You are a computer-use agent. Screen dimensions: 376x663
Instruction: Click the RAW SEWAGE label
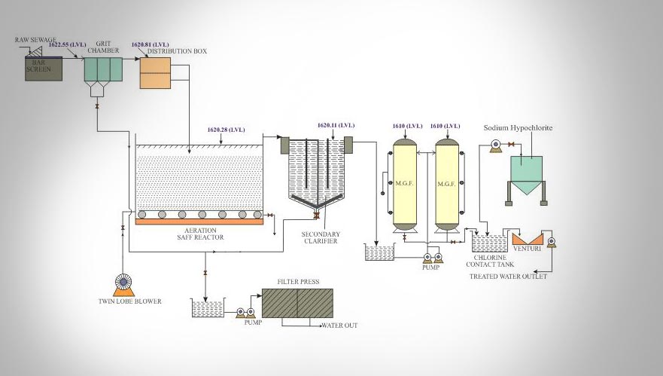[x=36, y=39]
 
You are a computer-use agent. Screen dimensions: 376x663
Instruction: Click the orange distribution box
[x=156, y=72]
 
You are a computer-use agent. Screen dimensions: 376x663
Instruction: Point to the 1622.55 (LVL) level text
[x=67, y=45]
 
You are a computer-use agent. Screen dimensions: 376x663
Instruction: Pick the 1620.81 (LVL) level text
[x=149, y=44]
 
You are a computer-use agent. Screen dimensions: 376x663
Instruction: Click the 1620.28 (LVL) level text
[x=225, y=130]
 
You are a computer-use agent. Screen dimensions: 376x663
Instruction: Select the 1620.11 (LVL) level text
[x=335, y=124]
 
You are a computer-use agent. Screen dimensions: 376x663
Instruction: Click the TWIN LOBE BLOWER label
[x=129, y=301]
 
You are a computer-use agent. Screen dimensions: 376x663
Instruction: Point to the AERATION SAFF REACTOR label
[x=199, y=233]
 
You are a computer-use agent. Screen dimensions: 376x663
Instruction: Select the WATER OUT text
[x=339, y=326]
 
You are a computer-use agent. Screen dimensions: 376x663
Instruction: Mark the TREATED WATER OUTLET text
[x=508, y=277]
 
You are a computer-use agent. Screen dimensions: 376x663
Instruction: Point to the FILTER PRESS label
[x=298, y=282]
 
